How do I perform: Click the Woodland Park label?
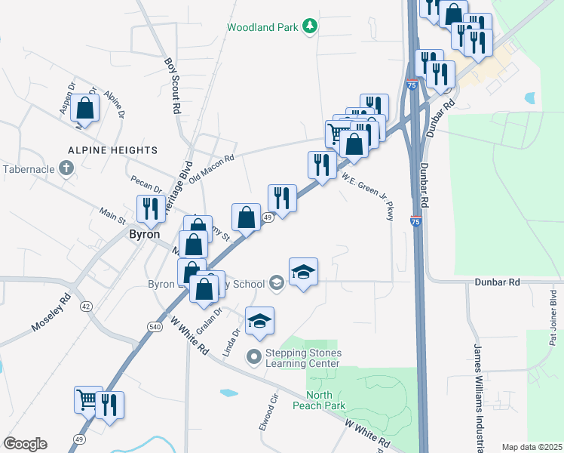pyautogui.click(x=263, y=27)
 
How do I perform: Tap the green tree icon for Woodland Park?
pyautogui.click(x=309, y=27)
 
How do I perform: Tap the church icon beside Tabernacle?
pyautogui.click(x=66, y=168)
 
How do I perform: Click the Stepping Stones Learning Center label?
pyautogui.click(x=304, y=358)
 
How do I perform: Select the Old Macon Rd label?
pyautogui.click(x=213, y=170)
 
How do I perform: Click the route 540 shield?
pyautogui.click(x=155, y=325)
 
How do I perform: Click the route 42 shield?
pyautogui.click(x=87, y=307)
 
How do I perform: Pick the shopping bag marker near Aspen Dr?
pyautogui.click(x=86, y=108)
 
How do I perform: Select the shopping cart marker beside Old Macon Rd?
pyautogui.click(x=337, y=134)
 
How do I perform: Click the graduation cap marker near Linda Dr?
pyautogui.click(x=259, y=320)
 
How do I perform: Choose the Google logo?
pyautogui.click(x=24, y=444)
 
